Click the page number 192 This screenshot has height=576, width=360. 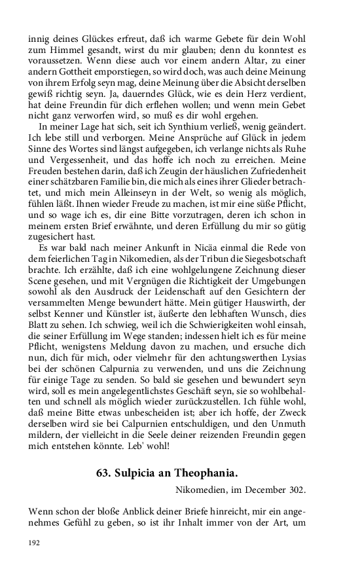tap(34, 543)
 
